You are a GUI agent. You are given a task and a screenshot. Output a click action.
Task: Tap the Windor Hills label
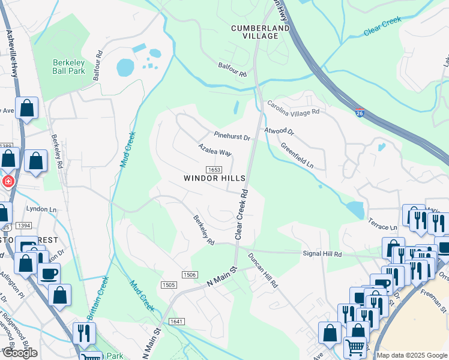point(214,179)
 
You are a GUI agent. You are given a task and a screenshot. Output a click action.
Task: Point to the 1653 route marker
point(214,170)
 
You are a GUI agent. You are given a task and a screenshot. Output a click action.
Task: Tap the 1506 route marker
point(189,275)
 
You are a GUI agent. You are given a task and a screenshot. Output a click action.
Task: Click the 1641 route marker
point(176,322)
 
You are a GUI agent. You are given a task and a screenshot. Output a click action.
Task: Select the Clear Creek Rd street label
point(243,215)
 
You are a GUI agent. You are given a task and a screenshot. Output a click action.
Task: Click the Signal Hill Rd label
point(321,254)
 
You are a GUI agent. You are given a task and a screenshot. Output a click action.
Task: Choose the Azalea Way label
point(215,149)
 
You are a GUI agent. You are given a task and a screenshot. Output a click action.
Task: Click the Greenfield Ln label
point(297,155)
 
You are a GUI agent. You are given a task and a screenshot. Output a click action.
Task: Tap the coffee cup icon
point(49,273)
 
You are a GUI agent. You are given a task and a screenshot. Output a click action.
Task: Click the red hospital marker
point(8,181)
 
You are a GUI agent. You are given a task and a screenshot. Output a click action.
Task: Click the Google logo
point(20,353)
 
